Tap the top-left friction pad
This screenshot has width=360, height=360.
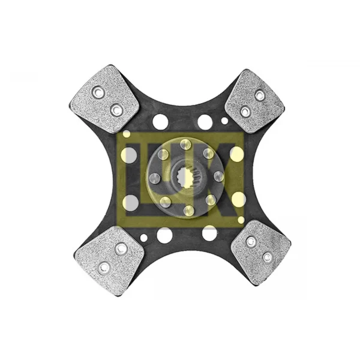tap(104, 99)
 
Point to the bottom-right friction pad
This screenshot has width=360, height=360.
tap(261, 252)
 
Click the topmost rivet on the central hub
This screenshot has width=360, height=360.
tap(185, 144)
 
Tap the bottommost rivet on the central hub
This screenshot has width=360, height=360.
tap(189, 211)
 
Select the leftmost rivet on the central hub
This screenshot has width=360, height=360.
tap(155, 178)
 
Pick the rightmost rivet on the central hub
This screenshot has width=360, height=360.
tap(219, 176)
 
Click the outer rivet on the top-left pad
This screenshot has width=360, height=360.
tap(98, 93)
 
